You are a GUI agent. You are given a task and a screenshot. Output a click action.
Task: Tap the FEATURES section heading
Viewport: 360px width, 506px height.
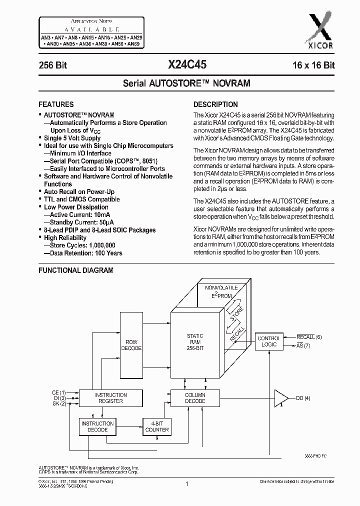[56, 104]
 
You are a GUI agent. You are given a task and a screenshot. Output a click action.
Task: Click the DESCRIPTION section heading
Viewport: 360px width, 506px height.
[215, 104]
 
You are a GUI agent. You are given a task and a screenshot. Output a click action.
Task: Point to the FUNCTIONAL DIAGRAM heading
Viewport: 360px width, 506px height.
[76, 270]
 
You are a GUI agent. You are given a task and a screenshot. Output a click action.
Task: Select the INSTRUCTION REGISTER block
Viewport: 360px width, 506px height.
[110, 398]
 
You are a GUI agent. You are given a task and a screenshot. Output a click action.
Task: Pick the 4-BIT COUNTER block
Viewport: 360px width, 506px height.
[156, 426]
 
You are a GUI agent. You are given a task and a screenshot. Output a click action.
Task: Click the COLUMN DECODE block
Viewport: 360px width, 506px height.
[195, 398]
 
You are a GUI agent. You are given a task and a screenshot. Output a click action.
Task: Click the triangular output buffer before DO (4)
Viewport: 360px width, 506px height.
[281, 398]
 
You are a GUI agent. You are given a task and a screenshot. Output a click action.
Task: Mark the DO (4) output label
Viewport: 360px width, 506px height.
[303, 398]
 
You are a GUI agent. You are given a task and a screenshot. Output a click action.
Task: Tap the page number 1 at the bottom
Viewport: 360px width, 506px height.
[186, 484]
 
